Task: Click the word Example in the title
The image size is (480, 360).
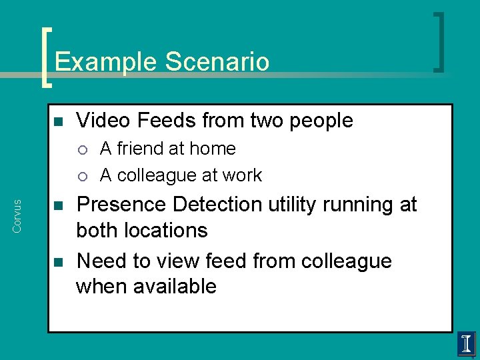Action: [x=106, y=63]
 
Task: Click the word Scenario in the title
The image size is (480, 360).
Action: [x=217, y=62]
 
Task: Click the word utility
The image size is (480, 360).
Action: [x=302, y=205]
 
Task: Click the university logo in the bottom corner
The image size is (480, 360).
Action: [x=466, y=344]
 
